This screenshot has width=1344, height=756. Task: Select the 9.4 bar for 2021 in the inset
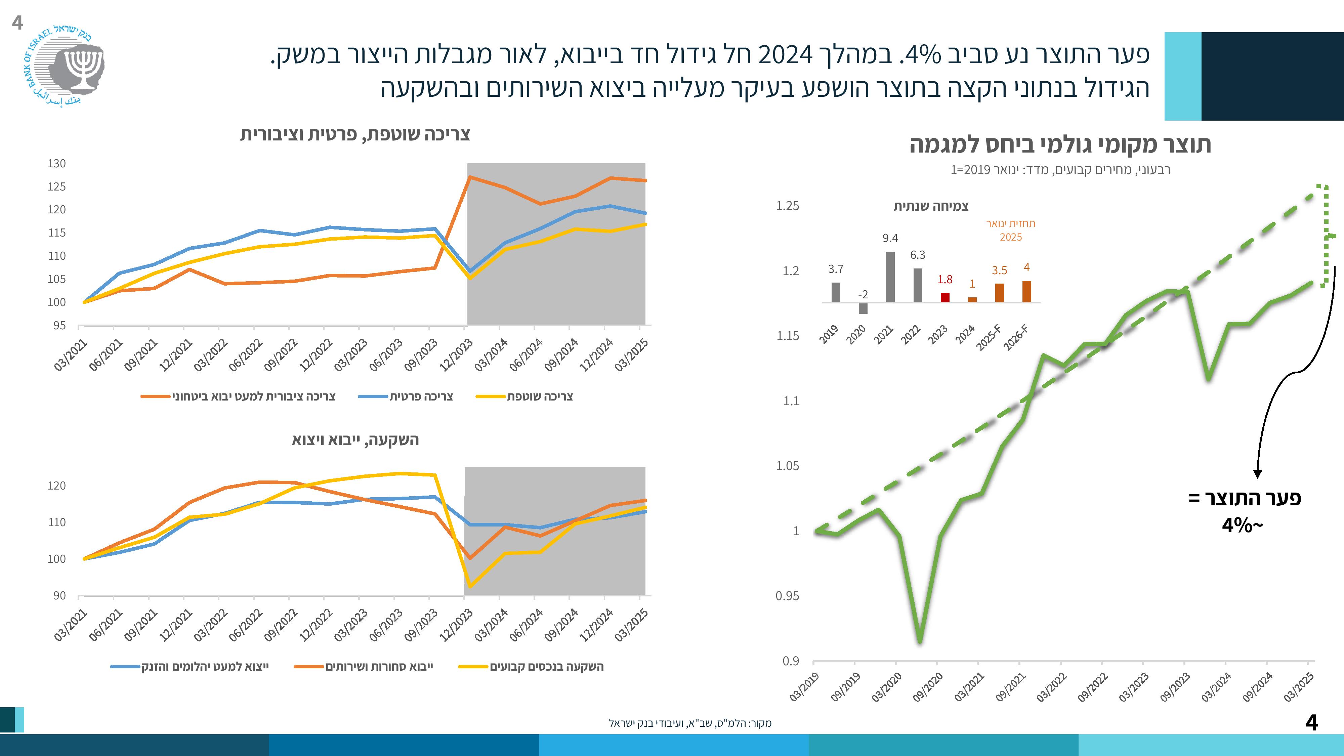coord(890,277)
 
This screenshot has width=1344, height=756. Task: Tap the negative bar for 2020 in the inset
coord(863,308)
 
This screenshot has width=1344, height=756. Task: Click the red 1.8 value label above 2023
coord(945,280)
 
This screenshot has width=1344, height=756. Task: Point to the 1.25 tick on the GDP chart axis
coord(787,206)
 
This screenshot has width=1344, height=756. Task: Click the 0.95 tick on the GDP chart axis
coord(787,596)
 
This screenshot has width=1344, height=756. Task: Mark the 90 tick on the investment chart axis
coord(59,596)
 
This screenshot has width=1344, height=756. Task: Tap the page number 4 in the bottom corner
coord(1311,723)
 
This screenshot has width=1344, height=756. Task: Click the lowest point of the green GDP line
coord(920,641)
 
